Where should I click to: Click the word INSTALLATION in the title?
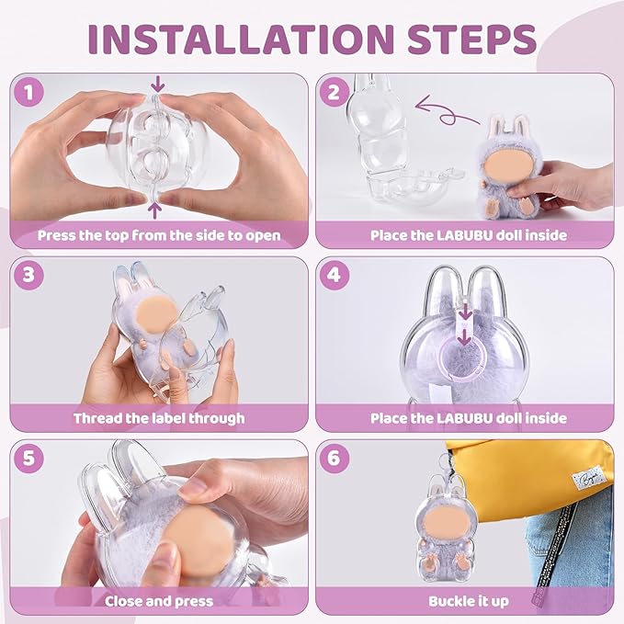pyautogui.click(x=241, y=39)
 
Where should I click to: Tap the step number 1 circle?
pyautogui.click(x=28, y=92)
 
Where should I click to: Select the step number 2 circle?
pyautogui.click(x=335, y=92)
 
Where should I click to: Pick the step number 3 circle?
pyautogui.click(x=28, y=275)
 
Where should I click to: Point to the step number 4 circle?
pyautogui.click(x=335, y=275)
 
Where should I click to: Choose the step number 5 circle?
pyautogui.click(x=28, y=458)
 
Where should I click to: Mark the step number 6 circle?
pyautogui.click(x=335, y=458)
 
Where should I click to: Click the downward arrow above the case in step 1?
pyautogui.click(x=158, y=84)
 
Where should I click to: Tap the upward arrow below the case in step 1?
pyautogui.click(x=155, y=210)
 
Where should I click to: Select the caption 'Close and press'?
pyautogui.click(x=159, y=601)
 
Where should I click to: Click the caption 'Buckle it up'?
pyautogui.click(x=469, y=601)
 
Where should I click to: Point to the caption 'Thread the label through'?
pyautogui.click(x=159, y=418)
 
